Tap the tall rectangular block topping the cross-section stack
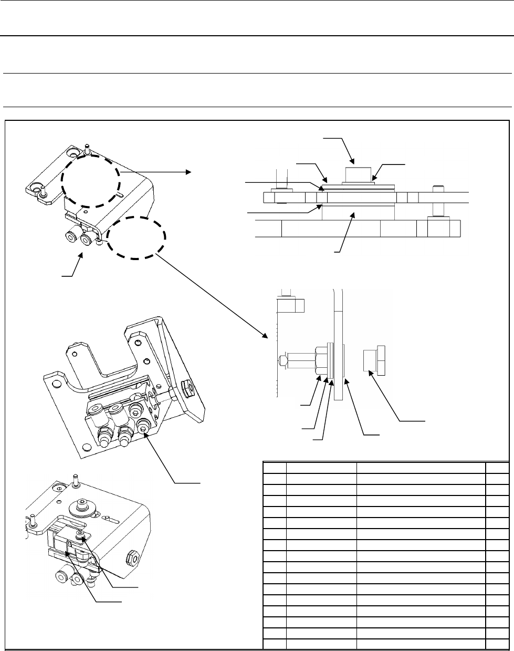[x=357, y=174]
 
